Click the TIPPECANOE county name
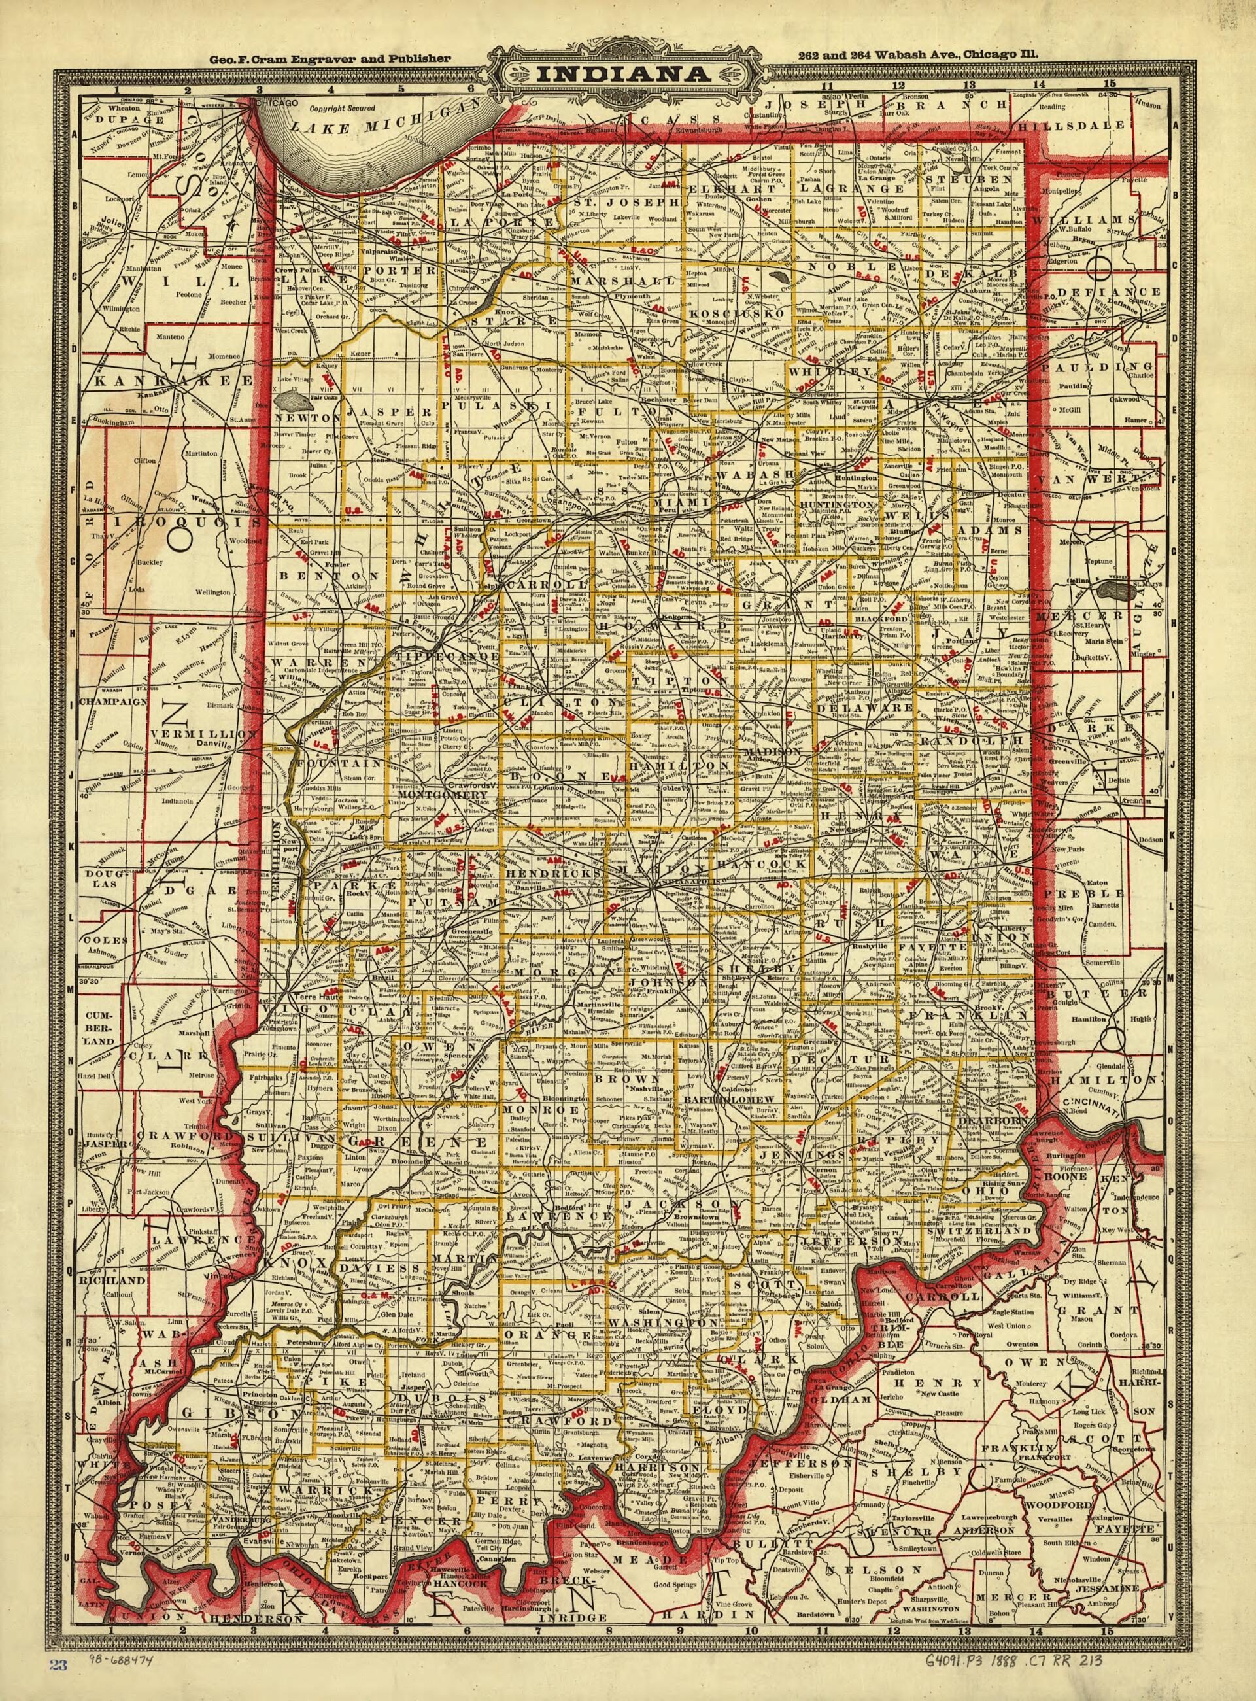click(x=447, y=655)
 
